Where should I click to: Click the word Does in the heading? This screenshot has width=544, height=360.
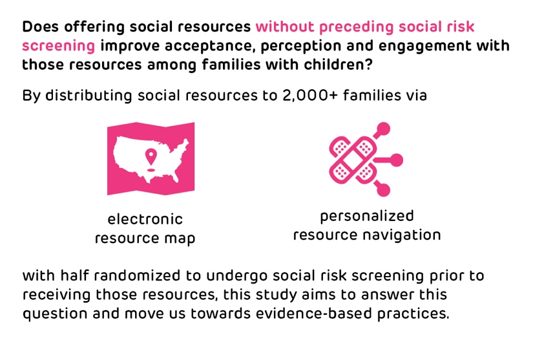coord(40,26)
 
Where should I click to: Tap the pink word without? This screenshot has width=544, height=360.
coord(285,26)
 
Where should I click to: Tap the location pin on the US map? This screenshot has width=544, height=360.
coord(151,156)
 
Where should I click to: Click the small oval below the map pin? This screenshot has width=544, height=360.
coord(151,170)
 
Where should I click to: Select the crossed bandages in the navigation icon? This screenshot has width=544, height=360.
coord(353,160)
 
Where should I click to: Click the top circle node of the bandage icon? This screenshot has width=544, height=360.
coord(383,129)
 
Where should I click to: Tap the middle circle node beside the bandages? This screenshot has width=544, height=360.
coord(396,160)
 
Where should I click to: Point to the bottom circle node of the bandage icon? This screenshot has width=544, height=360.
coord(383,189)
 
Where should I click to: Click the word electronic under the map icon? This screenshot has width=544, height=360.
coord(145,219)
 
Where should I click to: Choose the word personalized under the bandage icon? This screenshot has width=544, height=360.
coord(367,217)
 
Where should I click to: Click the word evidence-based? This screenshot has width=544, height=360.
coord(314,313)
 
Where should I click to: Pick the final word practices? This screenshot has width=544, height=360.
coord(413,314)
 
